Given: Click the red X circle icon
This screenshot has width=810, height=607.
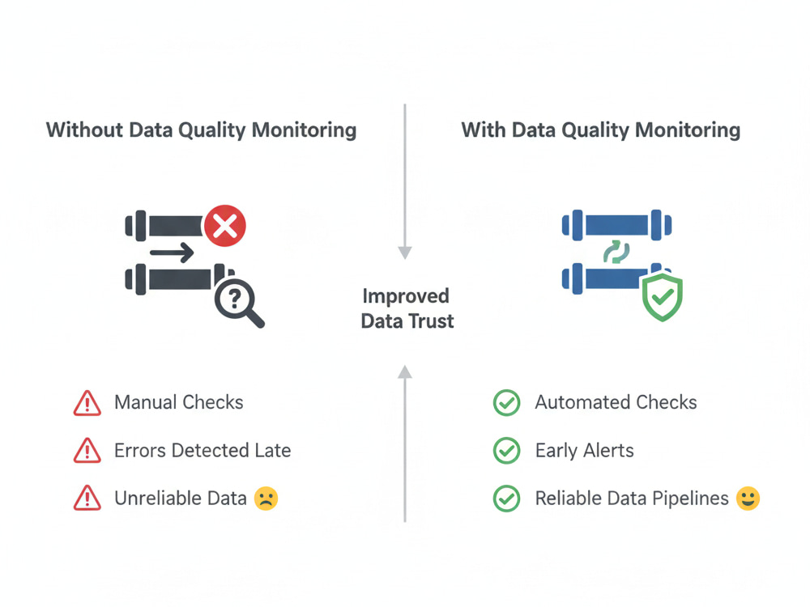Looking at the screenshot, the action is [224, 226].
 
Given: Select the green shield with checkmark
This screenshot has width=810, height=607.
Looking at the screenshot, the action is [663, 297].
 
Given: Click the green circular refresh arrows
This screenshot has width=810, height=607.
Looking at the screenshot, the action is [616, 252].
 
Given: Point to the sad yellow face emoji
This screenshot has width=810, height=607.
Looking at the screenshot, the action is [266, 499].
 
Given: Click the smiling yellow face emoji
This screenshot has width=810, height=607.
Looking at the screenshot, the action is [748, 499].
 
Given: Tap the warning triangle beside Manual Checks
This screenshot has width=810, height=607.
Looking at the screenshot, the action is [87, 403].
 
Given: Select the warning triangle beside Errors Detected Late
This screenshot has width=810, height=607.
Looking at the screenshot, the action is [87, 451].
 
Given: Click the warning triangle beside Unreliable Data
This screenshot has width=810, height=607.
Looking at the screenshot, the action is [87, 498].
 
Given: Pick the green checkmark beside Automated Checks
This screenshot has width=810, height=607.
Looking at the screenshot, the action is [507, 402].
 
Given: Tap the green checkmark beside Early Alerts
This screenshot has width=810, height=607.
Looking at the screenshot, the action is [507, 451].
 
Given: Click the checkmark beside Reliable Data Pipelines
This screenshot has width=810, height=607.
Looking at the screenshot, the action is [507, 499].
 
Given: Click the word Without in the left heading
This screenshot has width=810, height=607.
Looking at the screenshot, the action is [84, 130].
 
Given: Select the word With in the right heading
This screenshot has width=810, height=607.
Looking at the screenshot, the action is [484, 130].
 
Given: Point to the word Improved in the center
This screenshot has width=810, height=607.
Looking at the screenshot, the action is [406, 297].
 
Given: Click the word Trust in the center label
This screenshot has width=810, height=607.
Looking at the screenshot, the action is [431, 321].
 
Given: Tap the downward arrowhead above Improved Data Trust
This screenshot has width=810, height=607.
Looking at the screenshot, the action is [405, 253].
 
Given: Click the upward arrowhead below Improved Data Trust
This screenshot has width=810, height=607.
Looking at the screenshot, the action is [405, 371].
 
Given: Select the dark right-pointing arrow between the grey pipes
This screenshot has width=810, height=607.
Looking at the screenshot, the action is [172, 253].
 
